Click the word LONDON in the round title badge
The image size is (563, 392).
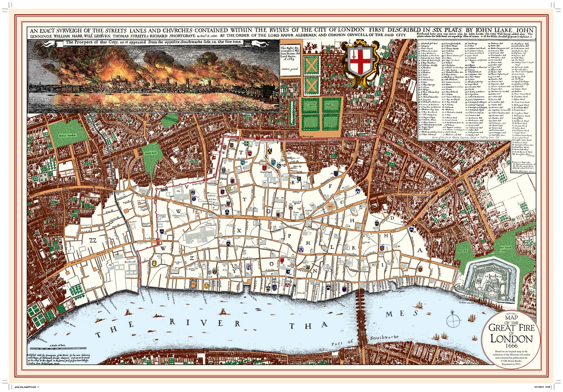click(x=511, y=339)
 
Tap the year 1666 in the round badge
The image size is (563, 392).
click(x=511, y=346)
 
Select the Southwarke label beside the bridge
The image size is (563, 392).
click(x=384, y=337)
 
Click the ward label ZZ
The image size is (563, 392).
click(x=93, y=240)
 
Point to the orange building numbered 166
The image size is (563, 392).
click(x=330, y=207)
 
